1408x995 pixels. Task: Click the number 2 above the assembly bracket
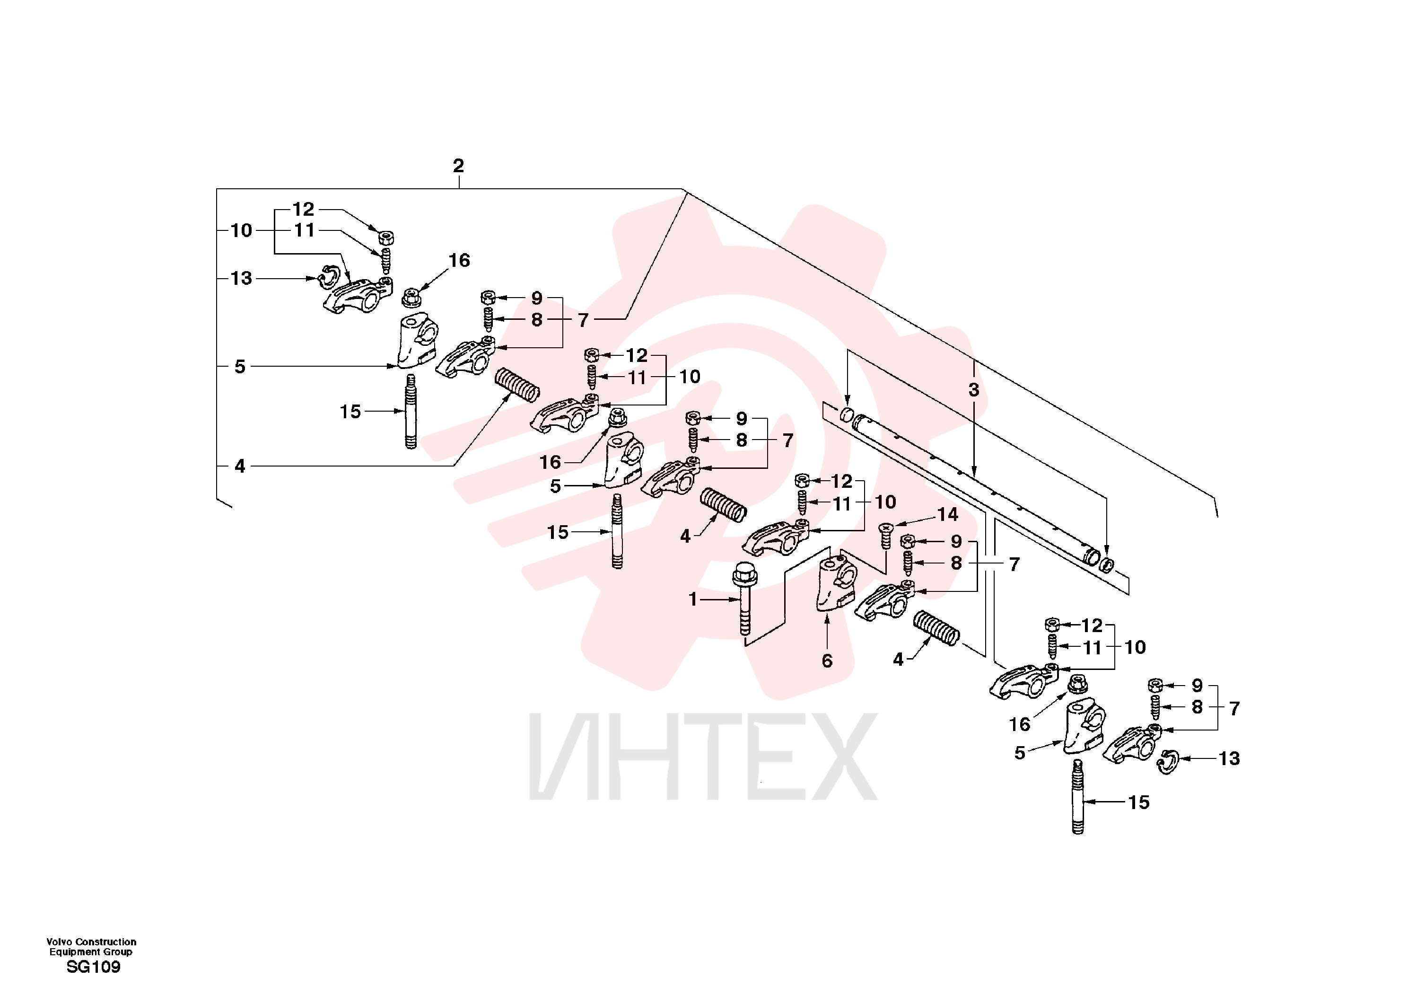pyautogui.click(x=458, y=166)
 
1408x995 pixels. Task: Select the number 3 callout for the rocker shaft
pyautogui.click(x=974, y=389)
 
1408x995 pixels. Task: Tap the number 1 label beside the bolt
pyautogui.click(x=693, y=599)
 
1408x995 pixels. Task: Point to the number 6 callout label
pyautogui.click(x=827, y=660)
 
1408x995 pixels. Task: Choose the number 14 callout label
pyautogui.click(x=947, y=515)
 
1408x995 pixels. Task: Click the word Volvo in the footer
pyautogui.click(x=60, y=942)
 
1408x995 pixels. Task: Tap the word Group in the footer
pyautogui.click(x=118, y=952)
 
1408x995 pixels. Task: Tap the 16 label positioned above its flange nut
pyautogui.click(x=459, y=261)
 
